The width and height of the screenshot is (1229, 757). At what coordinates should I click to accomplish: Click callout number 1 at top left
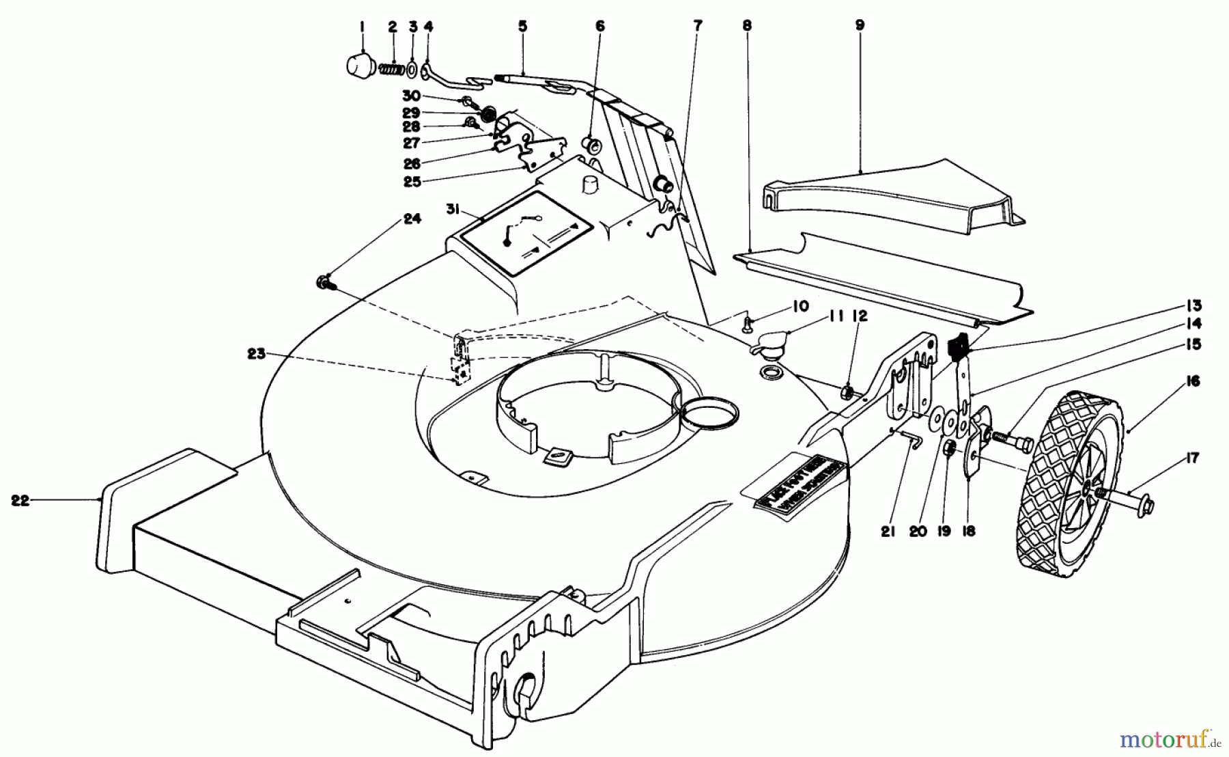pyautogui.click(x=362, y=27)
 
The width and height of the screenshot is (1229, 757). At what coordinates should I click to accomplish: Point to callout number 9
pyautogui.click(x=859, y=25)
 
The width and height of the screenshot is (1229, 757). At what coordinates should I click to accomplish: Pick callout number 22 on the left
pyautogui.click(x=20, y=500)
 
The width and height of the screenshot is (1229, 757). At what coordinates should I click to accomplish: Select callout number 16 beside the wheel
pyautogui.click(x=1192, y=381)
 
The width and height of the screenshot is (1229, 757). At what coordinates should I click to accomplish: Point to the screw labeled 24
pyautogui.click(x=324, y=281)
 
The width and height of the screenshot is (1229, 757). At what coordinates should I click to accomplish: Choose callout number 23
pyautogui.click(x=256, y=355)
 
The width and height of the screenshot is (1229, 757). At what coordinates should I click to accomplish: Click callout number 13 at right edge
pyautogui.click(x=1193, y=305)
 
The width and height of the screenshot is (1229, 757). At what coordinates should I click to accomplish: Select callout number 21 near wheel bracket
pyautogui.click(x=888, y=531)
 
